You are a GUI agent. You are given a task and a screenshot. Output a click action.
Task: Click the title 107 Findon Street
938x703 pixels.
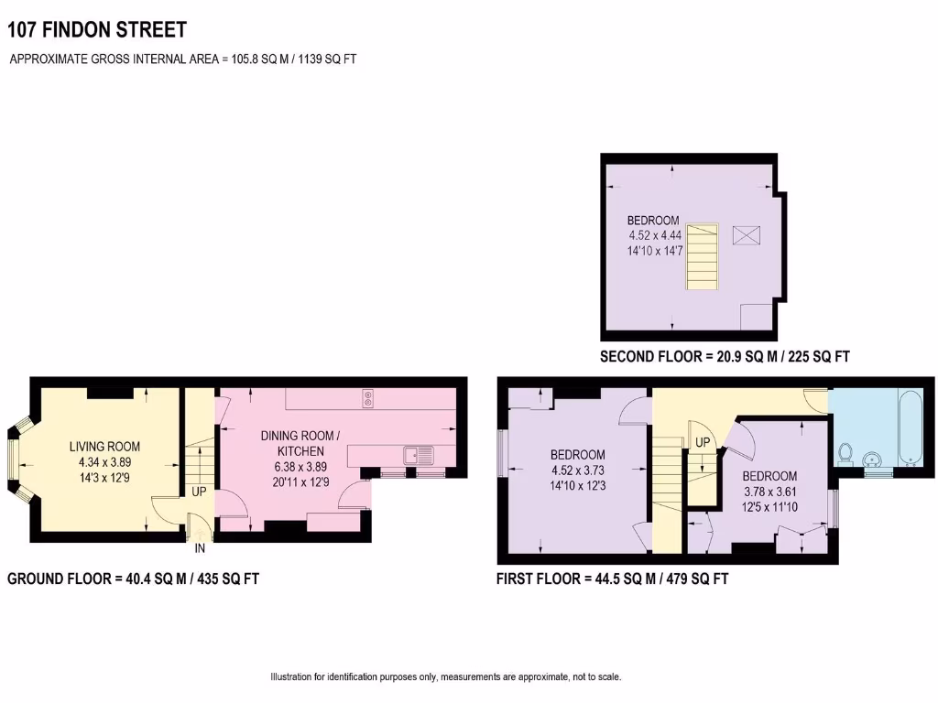(97, 30)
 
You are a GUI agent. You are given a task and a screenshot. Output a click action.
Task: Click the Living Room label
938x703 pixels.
(105, 447)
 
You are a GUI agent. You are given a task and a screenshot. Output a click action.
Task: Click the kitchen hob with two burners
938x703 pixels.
(367, 399)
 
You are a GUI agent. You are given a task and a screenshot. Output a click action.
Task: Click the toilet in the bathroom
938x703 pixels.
(847, 453)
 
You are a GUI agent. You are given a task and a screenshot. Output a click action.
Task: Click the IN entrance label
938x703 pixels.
(200, 548)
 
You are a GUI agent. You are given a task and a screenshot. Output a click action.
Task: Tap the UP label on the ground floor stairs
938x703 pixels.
(199, 492)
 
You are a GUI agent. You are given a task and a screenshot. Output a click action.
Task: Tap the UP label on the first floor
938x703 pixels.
(703, 443)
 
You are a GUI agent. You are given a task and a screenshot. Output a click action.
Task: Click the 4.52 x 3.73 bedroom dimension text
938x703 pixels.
(577, 470)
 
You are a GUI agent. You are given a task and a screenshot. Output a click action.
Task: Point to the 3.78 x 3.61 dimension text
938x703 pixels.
(769, 492)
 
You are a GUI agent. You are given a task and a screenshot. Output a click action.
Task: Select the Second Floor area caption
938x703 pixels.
(725, 357)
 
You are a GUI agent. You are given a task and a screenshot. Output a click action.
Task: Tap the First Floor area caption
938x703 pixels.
(612, 579)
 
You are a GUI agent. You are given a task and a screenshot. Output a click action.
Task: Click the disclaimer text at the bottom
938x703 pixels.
(445, 677)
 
